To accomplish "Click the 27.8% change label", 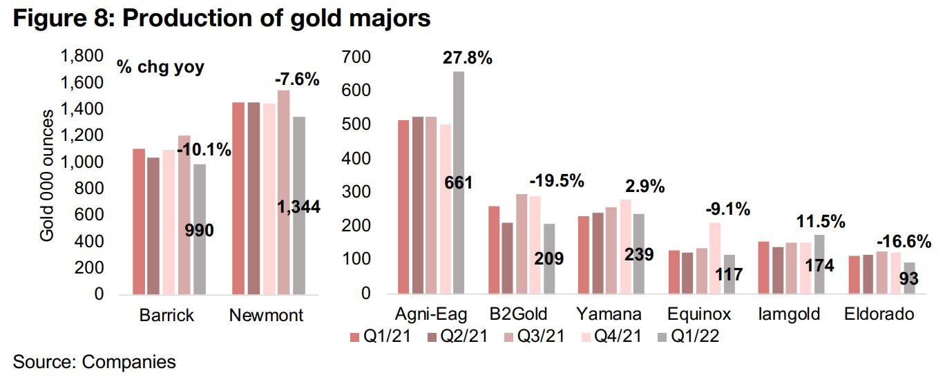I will click(x=467, y=59).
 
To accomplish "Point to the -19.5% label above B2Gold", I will click(x=557, y=182).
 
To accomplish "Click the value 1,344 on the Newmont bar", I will click(x=298, y=207).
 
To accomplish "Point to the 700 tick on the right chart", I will click(x=356, y=57).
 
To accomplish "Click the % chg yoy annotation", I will click(x=160, y=69).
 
